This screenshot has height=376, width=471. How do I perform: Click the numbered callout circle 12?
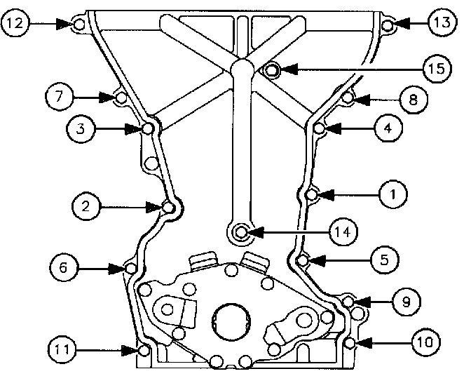15,23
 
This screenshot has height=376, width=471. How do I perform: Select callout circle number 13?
442,22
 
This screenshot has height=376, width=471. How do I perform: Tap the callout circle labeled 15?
437,69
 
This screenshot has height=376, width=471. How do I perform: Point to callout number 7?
59,97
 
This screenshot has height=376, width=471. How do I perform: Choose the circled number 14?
343,232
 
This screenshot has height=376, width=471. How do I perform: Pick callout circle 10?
425,342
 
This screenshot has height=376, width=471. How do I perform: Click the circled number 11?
62,350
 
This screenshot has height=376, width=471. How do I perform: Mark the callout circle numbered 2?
86,206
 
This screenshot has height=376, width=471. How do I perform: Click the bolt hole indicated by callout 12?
79,25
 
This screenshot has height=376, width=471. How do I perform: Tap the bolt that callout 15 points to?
272,70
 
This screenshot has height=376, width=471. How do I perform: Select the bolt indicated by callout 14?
241,232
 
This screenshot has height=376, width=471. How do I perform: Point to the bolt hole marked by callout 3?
148,128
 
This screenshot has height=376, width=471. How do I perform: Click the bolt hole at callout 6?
131,268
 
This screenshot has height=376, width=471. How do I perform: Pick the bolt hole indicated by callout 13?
388,25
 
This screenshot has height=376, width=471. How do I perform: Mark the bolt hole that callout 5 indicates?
303,260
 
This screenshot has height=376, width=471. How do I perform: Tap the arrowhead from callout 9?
362,302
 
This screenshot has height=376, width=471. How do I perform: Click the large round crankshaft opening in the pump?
231,321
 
